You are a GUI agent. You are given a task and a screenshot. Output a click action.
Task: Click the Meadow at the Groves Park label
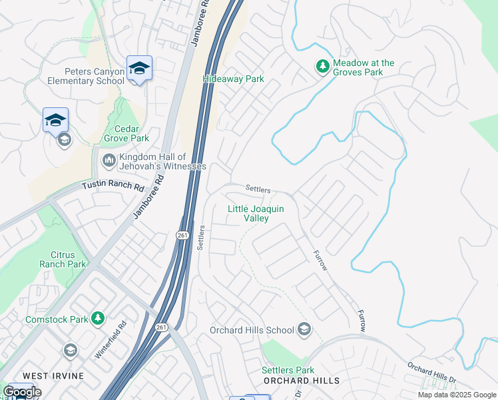(x=364, y=67)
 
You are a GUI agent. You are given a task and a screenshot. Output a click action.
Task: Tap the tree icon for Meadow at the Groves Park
(x=322, y=67)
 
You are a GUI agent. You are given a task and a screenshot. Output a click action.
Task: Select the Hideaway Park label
(x=234, y=79)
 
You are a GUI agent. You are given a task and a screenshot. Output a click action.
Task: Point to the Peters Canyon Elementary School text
(x=85, y=76)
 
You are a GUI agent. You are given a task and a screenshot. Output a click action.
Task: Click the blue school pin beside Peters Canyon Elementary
(x=139, y=69)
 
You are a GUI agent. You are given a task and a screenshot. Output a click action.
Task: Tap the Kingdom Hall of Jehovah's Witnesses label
(x=162, y=161)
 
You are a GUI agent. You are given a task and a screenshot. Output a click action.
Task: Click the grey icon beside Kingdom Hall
(x=109, y=161)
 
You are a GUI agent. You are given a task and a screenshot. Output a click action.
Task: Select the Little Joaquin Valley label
(x=256, y=213)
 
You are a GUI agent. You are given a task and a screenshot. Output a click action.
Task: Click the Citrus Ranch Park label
(x=68, y=259)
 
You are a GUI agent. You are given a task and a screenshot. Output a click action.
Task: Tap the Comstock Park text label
(x=57, y=319)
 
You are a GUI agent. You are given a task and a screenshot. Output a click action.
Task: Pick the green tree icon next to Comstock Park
(x=99, y=319)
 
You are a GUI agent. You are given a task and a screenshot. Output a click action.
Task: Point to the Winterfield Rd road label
(x=111, y=341)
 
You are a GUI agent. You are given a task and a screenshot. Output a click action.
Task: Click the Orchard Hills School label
(x=252, y=330)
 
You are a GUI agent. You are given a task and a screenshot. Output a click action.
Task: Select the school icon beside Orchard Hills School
(x=304, y=329)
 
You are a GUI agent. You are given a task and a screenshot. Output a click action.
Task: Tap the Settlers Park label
(x=288, y=370)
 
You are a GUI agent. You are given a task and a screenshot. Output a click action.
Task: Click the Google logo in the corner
(x=21, y=392)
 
